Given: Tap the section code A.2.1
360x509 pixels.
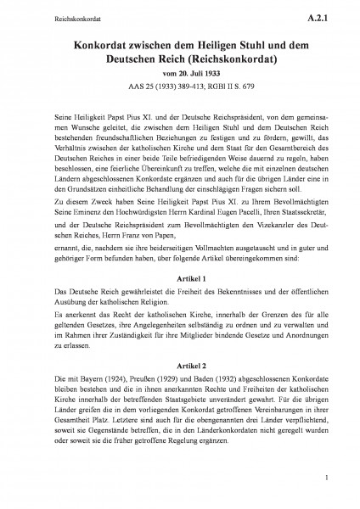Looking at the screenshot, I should pyautogui.click(x=323, y=14).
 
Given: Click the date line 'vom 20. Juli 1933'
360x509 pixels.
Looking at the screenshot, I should pyautogui.click(x=179, y=75).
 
